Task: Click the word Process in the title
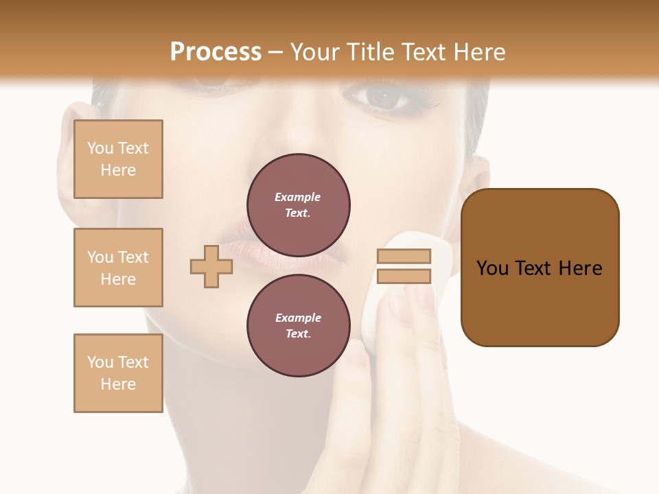tap(216, 52)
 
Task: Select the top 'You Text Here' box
tap(118, 159)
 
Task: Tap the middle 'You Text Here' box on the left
tap(118, 268)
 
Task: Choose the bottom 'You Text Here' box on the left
tap(118, 373)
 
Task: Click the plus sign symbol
tap(211, 266)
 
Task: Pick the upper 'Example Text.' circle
tap(299, 204)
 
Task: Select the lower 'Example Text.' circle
tap(299, 325)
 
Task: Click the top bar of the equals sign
tap(404, 256)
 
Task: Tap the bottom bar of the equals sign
tap(404, 276)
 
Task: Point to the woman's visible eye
tap(386, 98)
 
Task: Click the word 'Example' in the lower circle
tap(298, 318)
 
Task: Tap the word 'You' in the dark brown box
tap(494, 268)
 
